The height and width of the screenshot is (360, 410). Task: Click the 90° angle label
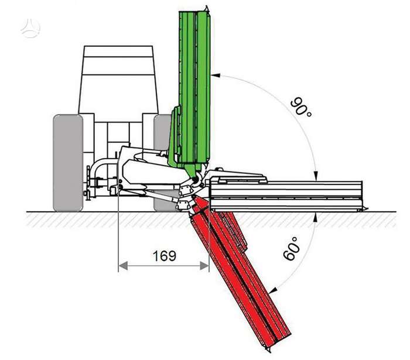tap(301, 107)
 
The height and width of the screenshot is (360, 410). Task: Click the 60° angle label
tap(291, 248)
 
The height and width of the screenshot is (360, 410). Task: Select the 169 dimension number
tap(164, 256)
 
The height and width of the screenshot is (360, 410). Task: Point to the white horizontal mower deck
tap(286, 196)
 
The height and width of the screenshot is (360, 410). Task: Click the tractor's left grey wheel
tap(68, 163)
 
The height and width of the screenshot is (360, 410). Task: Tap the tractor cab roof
tap(118, 52)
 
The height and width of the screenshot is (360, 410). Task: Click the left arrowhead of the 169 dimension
tap(123, 266)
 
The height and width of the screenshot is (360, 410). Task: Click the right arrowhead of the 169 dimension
tap(204, 266)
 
